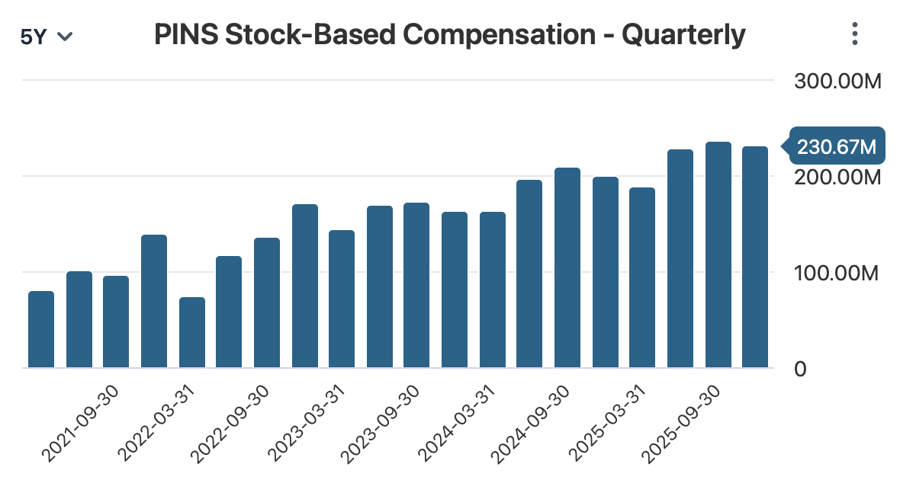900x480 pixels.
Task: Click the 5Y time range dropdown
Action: click(47, 36)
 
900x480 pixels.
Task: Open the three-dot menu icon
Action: click(855, 34)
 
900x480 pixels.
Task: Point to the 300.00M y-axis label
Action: click(837, 81)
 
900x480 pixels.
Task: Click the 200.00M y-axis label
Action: click(837, 178)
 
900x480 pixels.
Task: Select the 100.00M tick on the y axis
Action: click(837, 273)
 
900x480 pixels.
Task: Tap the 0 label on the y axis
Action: click(801, 369)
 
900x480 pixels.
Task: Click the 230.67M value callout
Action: click(836, 146)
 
